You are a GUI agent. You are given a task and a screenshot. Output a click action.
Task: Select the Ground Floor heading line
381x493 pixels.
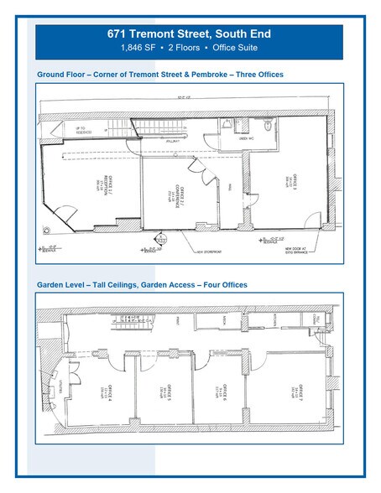pyautogui.click(x=160, y=75)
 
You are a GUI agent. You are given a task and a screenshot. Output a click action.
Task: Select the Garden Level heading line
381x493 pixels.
pyautogui.click(x=142, y=285)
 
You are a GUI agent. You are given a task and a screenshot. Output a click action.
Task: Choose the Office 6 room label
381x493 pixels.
pyautogui.click(x=222, y=391)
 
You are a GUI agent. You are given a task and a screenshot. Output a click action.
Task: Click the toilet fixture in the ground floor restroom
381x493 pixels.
pyautogui.click(x=267, y=127)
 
